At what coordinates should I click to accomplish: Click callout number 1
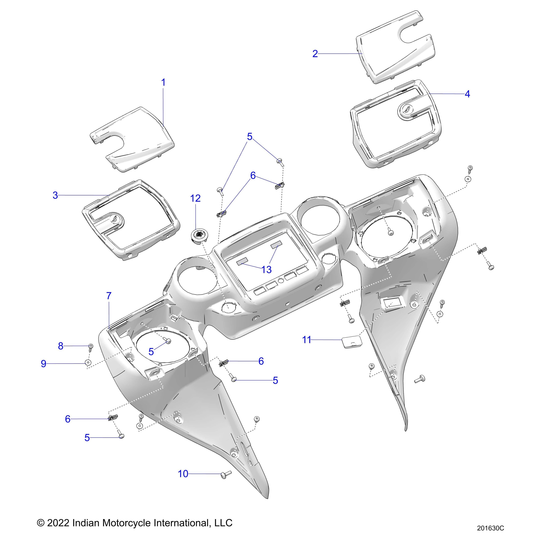point(163,83)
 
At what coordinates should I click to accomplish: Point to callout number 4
point(467,94)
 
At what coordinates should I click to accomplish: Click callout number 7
point(109,296)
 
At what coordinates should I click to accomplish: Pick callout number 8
point(60,346)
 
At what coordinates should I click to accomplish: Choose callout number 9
point(43,364)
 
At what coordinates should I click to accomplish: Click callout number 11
point(307,340)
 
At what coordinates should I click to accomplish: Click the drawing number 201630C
point(490,528)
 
